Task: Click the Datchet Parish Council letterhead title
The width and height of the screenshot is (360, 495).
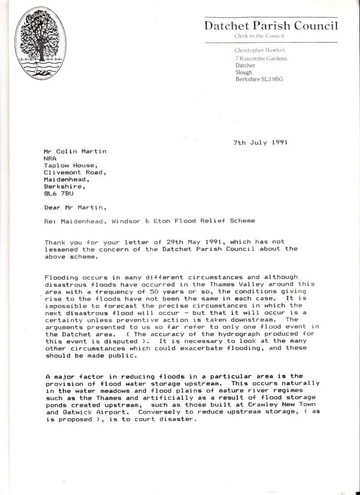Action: [271, 26]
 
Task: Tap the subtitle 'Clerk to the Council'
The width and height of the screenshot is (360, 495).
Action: [258, 36]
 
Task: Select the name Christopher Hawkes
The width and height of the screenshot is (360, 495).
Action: [259, 50]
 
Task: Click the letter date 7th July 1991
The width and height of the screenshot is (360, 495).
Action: [260, 143]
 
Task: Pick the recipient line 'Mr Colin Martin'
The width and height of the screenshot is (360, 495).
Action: [75, 151]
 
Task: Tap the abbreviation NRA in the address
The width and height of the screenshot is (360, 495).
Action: [50, 158]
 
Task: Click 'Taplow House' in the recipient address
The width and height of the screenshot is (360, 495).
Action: [67, 165]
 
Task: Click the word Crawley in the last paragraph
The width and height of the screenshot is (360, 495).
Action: [263, 404]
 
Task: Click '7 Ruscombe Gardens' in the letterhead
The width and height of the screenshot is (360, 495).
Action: [261, 58]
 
